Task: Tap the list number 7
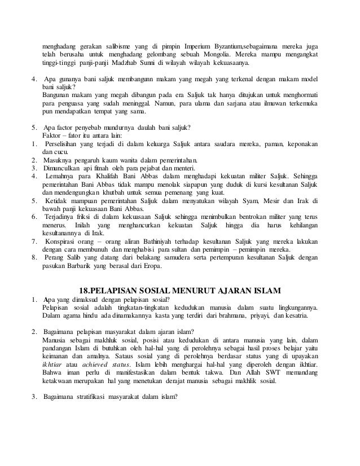[x=34, y=241]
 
